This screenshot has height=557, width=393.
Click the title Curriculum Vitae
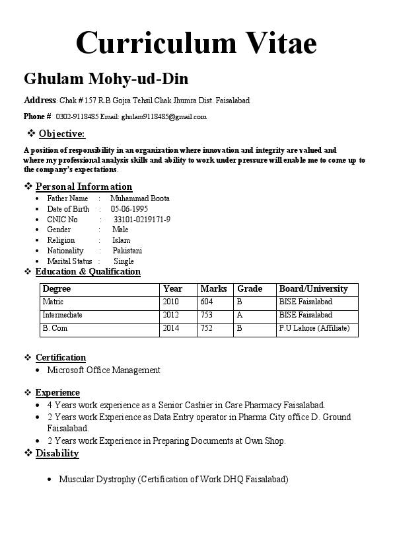point(196,43)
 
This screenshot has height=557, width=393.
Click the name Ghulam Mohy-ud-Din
point(106,79)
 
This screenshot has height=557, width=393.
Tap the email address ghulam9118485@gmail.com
point(163,117)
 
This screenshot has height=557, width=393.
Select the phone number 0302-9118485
point(77,117)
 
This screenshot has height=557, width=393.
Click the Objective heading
point(61,134)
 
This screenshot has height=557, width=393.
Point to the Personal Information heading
point(84,187)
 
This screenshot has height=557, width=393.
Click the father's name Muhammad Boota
point(140,198)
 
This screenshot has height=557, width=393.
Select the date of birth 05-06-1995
point(129,209)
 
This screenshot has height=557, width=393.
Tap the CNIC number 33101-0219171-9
point(142,220)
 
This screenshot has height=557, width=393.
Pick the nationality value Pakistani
point(127,251)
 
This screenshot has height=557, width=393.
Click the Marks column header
point(213,289)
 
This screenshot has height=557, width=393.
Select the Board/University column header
point(313,289)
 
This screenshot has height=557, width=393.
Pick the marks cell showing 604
point(207,302)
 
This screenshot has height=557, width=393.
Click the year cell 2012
point(170,315)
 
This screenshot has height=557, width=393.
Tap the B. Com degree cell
point(55,328)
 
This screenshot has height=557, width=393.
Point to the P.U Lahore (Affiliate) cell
point(314,328)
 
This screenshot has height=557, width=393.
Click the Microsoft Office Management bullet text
point(104,370)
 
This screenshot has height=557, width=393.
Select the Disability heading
point(57,453)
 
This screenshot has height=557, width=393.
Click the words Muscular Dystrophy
point(97,480)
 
